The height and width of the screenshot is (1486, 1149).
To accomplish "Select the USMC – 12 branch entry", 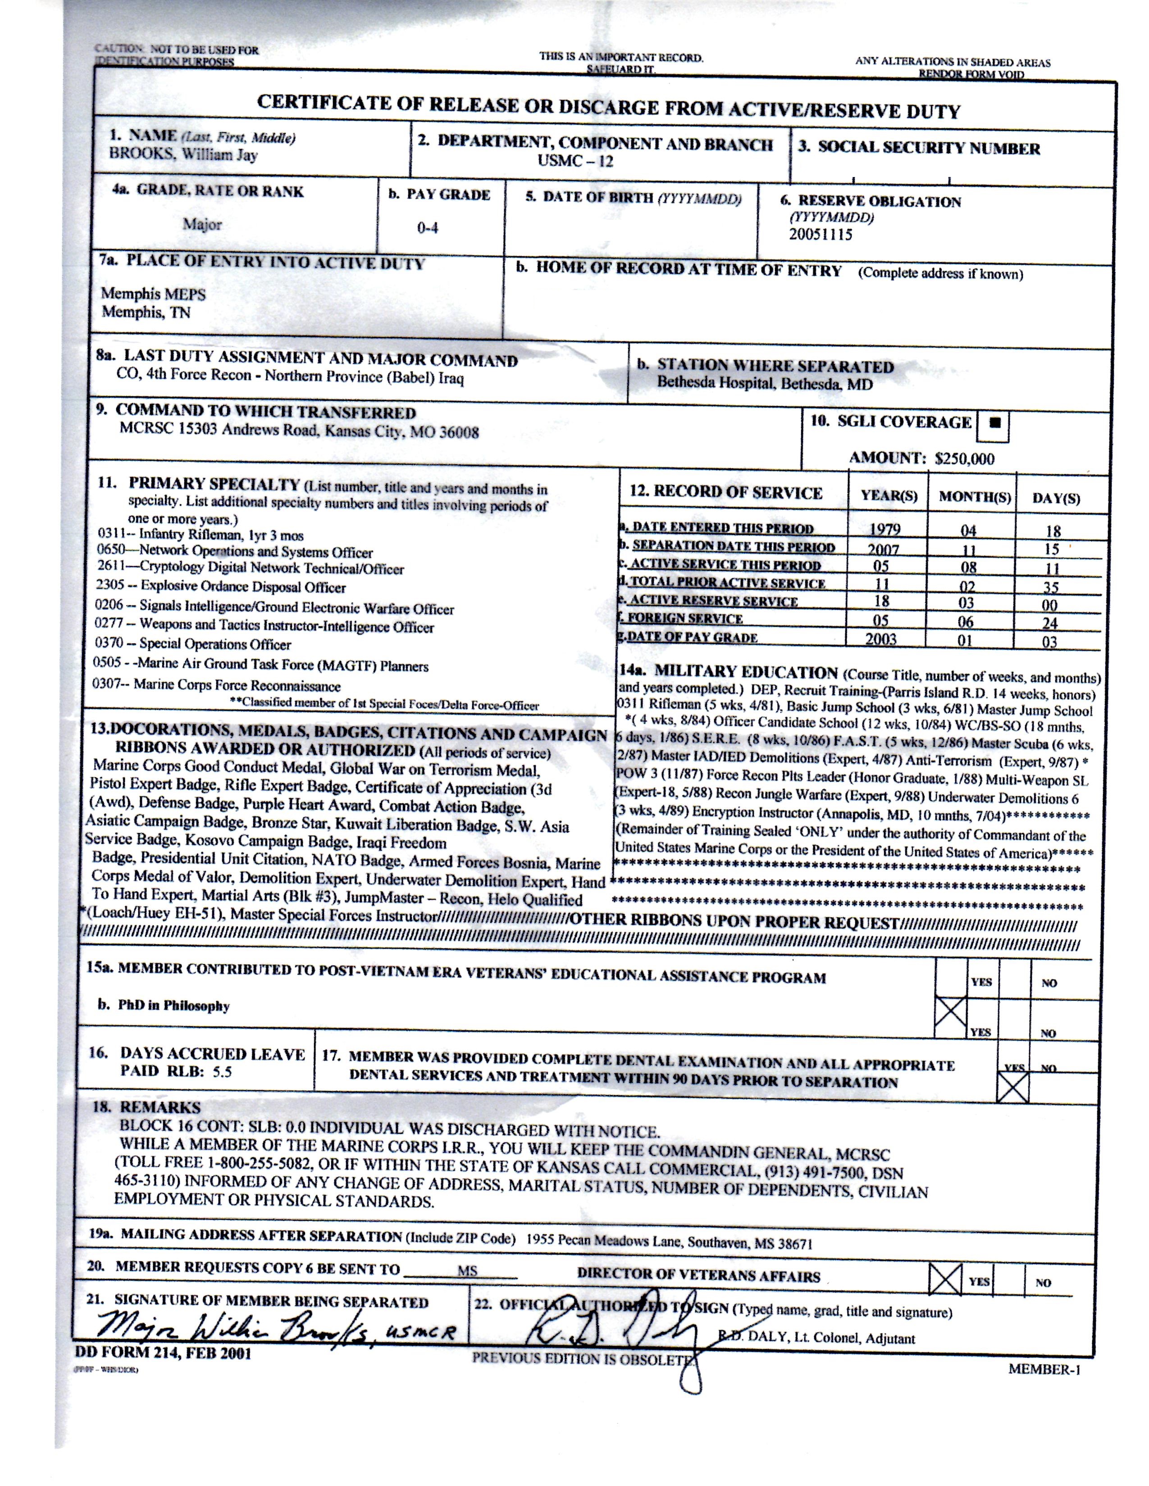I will (x=575, y=161).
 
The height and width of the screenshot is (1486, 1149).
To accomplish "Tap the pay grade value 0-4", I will (x=428, y=228).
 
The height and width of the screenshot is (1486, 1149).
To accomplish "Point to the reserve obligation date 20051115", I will (x=820, y=235).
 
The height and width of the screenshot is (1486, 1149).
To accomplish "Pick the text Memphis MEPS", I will (x=153, y=294).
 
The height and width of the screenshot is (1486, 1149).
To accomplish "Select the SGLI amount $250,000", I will (x=965, y=458).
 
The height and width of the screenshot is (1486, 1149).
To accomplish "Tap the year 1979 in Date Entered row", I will (x=885, y=530).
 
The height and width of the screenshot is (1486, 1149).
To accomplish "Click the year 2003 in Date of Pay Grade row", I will (x=881, y=639).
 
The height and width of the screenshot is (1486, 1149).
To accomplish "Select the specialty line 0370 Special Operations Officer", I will (x=193, y=643).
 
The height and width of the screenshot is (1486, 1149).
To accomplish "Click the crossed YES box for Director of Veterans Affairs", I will (x=945, y=1280).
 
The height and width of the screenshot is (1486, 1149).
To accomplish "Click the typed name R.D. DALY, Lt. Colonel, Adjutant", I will (x=817, y=1338).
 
